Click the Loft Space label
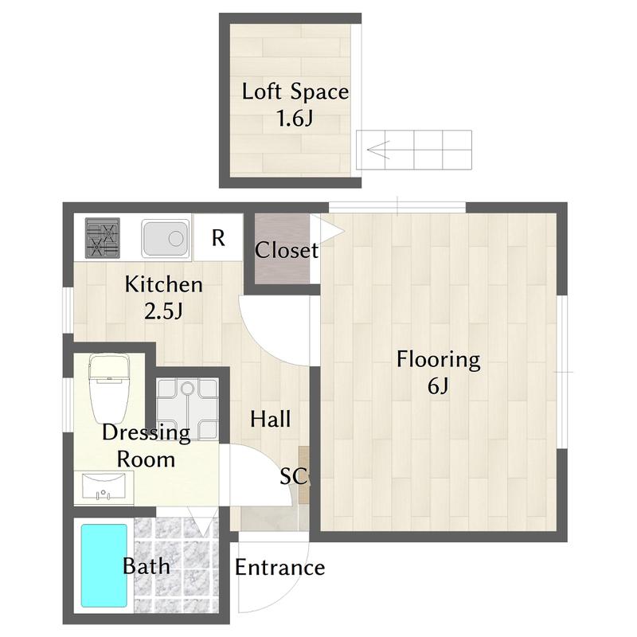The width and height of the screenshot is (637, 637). (295, 92)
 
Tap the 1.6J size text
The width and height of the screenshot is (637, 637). (295, 118)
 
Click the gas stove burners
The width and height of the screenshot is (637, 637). (103, 238)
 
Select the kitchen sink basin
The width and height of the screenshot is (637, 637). (166, 238)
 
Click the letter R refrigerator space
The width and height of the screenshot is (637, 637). (218, 238)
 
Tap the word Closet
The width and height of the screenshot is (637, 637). (287, 250)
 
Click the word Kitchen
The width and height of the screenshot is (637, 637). (164, 284)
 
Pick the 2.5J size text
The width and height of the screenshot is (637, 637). (164, 311)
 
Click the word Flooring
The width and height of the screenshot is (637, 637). (439, 360)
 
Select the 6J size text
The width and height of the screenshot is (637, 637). (438, 386)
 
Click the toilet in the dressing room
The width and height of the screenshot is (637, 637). (109, 389)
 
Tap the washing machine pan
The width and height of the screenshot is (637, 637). (187, 409)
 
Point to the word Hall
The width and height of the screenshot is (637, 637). (271, 420)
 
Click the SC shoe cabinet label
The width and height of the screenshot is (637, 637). (293, 475)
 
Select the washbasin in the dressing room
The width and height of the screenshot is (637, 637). (104, 487)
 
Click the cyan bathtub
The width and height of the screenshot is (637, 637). (104, 566)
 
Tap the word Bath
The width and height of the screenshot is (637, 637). (147, 566)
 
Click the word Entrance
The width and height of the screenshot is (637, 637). (280, 568)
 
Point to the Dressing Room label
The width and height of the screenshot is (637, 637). (147, 446)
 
